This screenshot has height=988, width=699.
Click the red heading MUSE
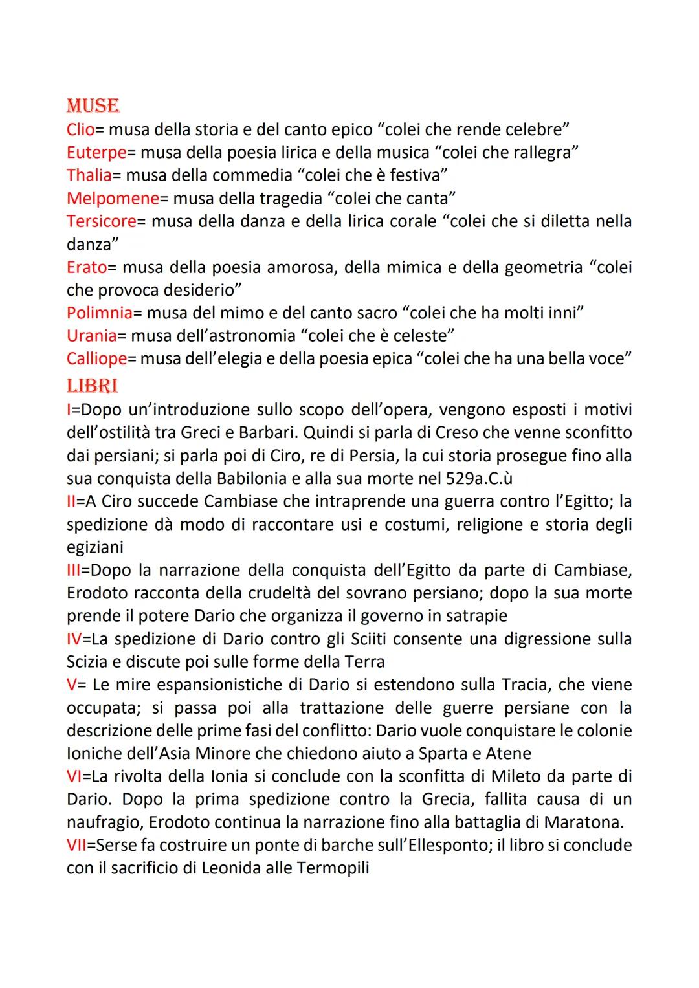93,105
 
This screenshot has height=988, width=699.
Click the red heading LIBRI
92,386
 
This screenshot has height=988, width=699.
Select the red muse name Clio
80,129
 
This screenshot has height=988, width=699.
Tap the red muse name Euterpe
96,153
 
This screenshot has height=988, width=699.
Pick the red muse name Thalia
89,175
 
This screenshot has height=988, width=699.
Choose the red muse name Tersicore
101,221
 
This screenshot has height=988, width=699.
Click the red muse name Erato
86,267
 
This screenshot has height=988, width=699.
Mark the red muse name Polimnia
99,313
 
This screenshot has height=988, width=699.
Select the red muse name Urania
91,336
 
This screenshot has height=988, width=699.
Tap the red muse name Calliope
96,358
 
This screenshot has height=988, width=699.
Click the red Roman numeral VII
76,845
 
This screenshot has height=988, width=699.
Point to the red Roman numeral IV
74,639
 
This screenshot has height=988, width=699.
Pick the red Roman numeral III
73,571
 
